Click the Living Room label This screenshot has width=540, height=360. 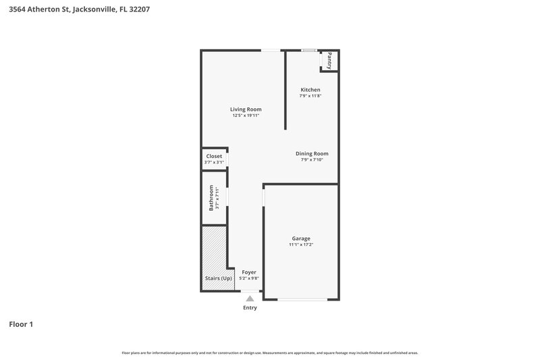tap(246, 109)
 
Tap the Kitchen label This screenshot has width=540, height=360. tap(310, 90)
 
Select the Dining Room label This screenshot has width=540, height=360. tap(312, 153)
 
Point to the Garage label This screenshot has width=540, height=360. tap(301, 238)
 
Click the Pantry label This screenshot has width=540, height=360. tap(329, 60)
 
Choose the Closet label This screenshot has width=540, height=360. tap(214, 156)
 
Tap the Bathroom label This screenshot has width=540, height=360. tap(211, 197)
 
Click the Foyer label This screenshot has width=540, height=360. tap(249, 272)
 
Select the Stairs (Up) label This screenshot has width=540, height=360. tap(218, 278)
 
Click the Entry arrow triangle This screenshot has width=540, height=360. tap(250, 298)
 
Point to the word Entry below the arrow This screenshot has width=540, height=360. tap(250, 308)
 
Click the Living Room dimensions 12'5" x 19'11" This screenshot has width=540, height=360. tap(246, 115)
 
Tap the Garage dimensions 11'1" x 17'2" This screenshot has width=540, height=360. tap(301, 245)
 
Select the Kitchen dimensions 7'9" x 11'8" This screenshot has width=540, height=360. tap(310, 96)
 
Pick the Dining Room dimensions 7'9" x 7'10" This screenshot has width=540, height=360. tap(312, 160)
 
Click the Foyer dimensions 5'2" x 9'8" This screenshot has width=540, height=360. tap(249, 278)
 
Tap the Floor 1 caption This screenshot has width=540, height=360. tap(21, 324)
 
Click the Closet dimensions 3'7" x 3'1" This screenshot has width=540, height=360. tap(214, 162)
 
